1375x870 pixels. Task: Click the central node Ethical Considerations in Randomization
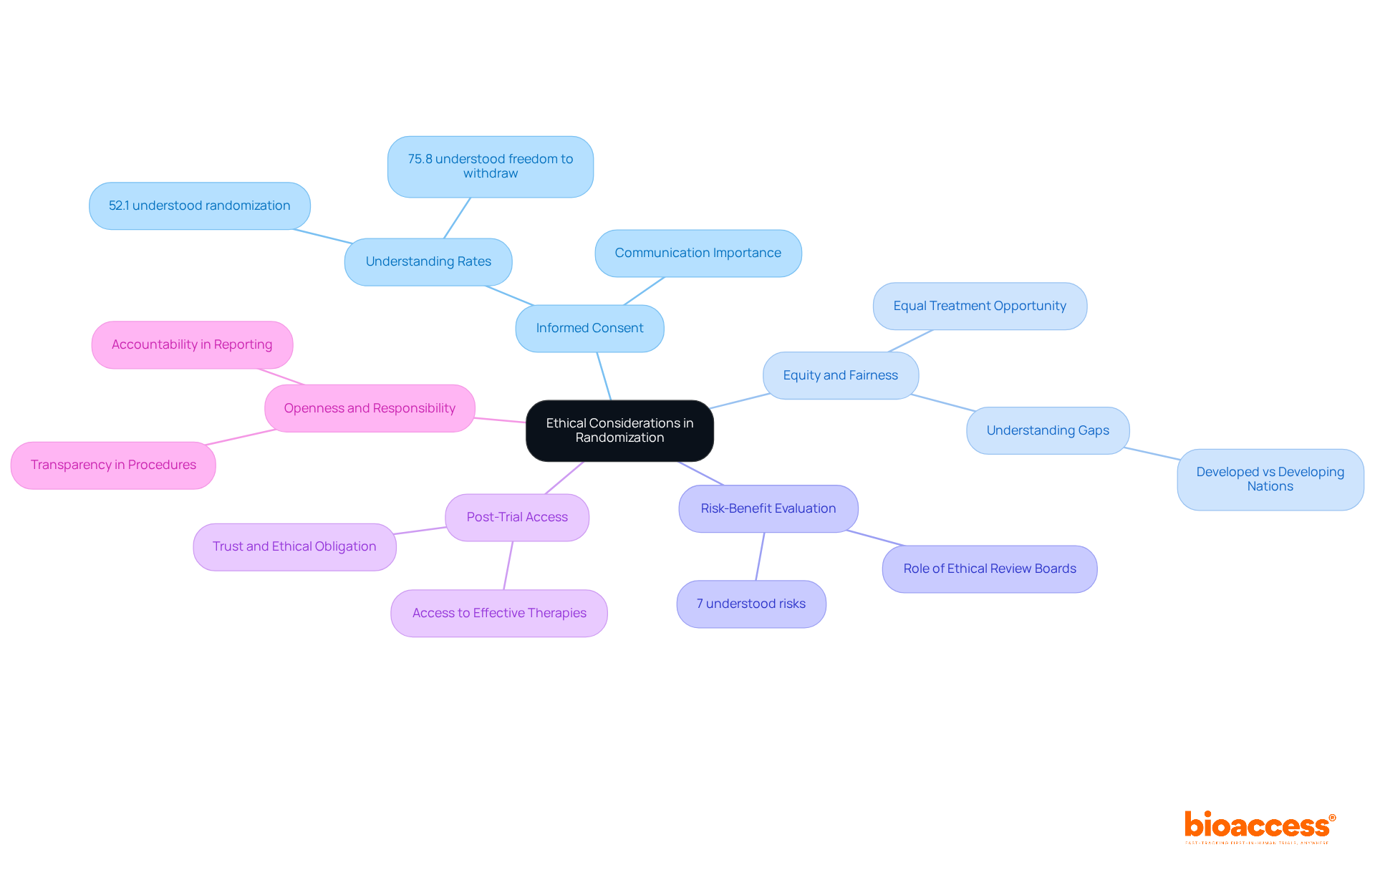[619, 430]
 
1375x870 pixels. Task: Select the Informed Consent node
[589, 328]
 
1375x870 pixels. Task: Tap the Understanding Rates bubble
[428, 261]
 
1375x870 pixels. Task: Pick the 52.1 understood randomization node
[199, 206]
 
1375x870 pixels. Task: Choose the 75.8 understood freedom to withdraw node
[490, 166]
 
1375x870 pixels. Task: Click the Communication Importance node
[698, 253]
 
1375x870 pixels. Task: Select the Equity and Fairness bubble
[840, 375]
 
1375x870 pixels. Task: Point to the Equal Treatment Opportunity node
[979, 306]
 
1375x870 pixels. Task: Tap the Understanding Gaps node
[1047, 430]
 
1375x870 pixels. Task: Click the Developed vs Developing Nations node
[1270, 479]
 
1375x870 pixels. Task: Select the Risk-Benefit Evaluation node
[768, 508]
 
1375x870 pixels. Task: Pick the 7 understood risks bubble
[751, 604]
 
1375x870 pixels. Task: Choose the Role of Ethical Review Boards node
[989, 569]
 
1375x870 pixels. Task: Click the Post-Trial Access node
[516, 517]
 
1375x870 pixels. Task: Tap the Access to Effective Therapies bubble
[498, 613]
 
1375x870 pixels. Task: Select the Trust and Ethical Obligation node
[294, 546]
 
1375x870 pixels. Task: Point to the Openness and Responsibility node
[369, 408]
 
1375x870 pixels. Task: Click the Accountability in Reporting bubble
[191, 344]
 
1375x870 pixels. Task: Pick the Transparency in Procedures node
[113, 465]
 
